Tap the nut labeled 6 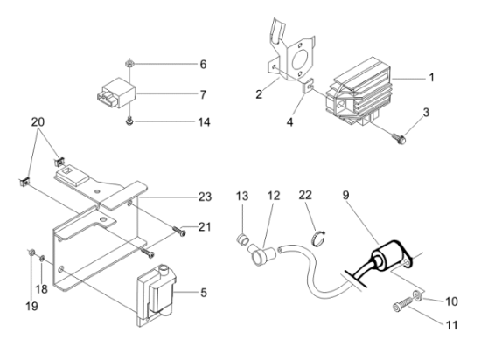129,64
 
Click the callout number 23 206,197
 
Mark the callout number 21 205,227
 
